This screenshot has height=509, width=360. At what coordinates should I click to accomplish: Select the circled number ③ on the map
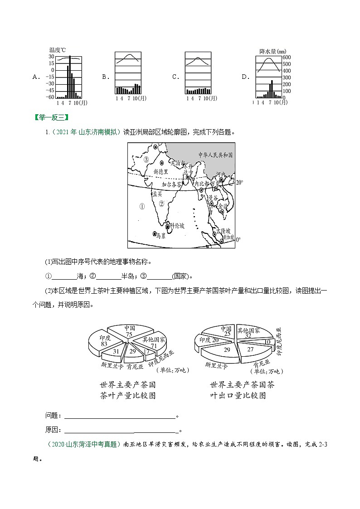(146, 160)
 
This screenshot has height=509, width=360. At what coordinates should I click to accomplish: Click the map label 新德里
(161, 172)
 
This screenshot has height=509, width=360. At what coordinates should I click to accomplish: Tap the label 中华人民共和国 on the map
(215, 155)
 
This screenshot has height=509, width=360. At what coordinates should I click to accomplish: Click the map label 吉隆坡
(224, 231)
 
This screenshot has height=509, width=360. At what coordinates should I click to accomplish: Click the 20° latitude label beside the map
(239, 182)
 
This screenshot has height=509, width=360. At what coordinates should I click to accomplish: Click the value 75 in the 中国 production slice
(129, 334)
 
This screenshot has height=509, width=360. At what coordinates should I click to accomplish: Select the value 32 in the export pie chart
(248, 336)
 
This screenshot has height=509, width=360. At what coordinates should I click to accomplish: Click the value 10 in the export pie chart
(267, 341)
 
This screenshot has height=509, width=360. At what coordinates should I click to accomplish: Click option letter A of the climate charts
(35, 77)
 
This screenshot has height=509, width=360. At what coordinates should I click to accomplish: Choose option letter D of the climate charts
(245, 77)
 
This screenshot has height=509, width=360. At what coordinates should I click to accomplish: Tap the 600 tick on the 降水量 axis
(287, 58)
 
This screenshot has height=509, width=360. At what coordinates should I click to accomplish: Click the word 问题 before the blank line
(52, 415)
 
